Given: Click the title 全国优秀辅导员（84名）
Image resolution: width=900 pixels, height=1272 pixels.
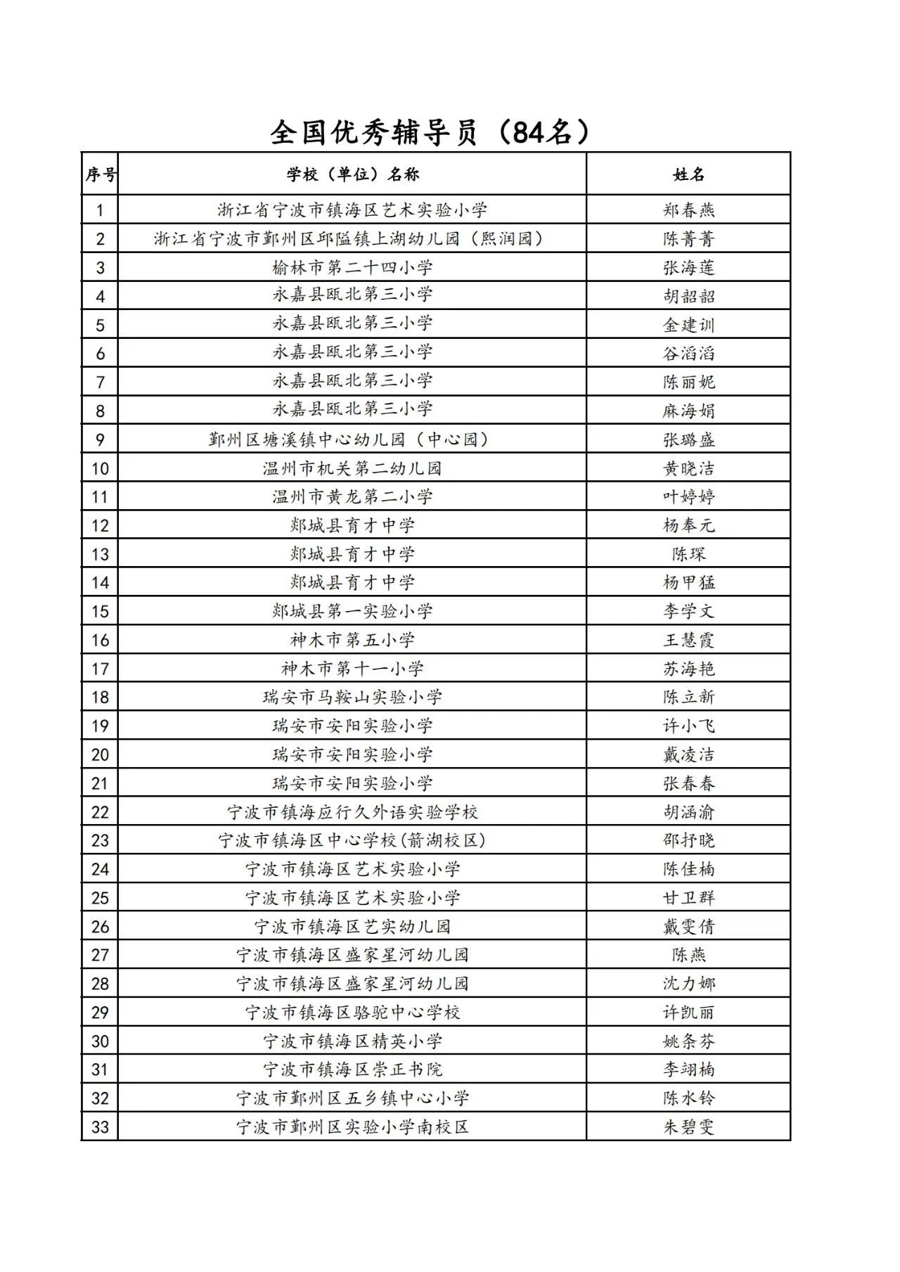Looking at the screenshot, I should click(430, 132).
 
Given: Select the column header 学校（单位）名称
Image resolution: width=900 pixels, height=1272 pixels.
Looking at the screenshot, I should click(352, 174).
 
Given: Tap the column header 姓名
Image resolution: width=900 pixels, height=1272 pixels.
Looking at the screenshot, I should click(688, 174).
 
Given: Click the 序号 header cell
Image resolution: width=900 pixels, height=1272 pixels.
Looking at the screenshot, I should click(101, 174).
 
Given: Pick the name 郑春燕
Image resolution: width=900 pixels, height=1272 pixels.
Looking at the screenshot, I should click(688, 210).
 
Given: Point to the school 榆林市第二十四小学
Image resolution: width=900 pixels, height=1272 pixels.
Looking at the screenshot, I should click(352, 267).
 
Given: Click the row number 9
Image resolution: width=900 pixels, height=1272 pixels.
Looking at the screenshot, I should click(101, 440).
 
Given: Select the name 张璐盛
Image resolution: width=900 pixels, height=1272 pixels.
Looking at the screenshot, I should click(688, 440).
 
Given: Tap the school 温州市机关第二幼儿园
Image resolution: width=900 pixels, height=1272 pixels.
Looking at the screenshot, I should click(352, 468).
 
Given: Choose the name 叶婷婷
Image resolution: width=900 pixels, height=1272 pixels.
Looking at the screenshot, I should click(688, 497).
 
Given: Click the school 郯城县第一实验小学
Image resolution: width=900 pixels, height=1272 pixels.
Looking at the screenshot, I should click(352, 611).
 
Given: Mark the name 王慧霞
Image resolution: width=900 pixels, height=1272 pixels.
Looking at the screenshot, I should click(688, 640).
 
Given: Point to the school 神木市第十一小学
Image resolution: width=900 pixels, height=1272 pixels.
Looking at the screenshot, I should click(352, 669).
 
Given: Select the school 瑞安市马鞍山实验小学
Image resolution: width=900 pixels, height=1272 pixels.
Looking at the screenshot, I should click(352, 697).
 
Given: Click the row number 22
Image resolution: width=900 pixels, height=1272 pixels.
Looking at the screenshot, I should click(101, 812).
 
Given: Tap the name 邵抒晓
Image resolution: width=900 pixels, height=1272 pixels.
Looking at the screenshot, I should click(688, 840).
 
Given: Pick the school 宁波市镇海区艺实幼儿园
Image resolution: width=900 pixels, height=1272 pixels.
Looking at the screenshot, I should click(352, 927).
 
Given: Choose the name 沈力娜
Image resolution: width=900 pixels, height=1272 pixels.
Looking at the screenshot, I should click(688, 984).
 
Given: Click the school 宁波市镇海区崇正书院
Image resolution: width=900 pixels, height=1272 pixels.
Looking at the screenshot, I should click(352, 1069).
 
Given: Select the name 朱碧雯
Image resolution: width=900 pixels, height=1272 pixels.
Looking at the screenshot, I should click(688, 1127).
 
